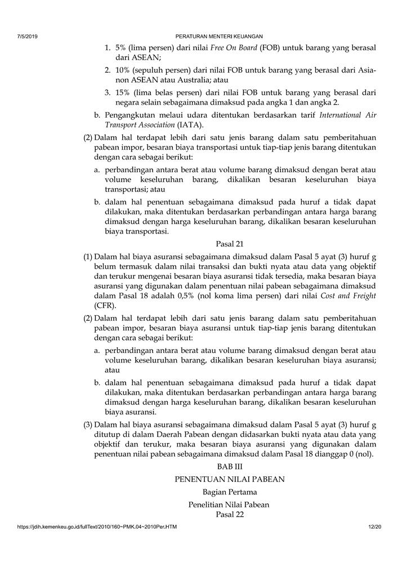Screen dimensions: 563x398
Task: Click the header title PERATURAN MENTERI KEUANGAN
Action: coord(220,36)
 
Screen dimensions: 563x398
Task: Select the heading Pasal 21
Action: coord(230,244)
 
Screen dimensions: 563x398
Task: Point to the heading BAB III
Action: coord(230,467)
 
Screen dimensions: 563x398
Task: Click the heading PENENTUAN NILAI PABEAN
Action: coord(230,479)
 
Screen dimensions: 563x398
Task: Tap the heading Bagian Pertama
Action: coord(230,493)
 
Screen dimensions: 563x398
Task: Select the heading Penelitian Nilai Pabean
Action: coord(230,505)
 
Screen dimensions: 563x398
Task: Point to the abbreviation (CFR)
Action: coord(104,305)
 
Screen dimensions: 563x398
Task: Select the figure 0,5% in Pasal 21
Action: coord(185,295)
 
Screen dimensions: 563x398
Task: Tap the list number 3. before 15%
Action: coord(108,92)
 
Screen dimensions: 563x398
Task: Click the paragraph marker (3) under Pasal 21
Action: coord(88,424)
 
